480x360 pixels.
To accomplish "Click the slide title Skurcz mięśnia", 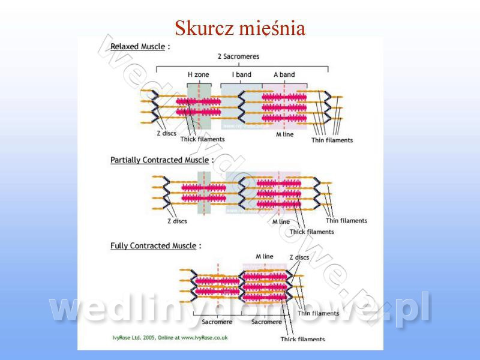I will click(240, 28).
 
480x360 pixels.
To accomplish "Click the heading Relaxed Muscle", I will click(137, 46).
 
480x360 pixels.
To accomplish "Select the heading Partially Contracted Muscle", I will click(159, 160).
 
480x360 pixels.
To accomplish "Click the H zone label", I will click(199, 74).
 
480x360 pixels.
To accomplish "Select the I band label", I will click(242, 74).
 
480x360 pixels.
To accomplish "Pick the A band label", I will click(284, 74).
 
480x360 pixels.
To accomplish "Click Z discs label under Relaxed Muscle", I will click(166, 133).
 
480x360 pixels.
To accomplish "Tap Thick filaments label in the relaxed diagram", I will click(203, 139).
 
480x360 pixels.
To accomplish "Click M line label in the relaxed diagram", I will click(284, 134).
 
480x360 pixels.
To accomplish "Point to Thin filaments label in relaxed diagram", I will click(332, 140).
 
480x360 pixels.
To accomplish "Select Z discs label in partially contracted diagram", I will click(177, 221).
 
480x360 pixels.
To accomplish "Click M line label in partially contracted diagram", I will click(281, 221).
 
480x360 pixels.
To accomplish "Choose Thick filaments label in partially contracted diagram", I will click(311, 232).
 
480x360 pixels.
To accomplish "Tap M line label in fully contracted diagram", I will click(264, 256).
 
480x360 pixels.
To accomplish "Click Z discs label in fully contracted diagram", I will click(299, 257).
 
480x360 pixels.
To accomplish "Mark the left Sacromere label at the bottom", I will click(217, 322).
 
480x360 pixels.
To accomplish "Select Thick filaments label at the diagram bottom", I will click(303, 339).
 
